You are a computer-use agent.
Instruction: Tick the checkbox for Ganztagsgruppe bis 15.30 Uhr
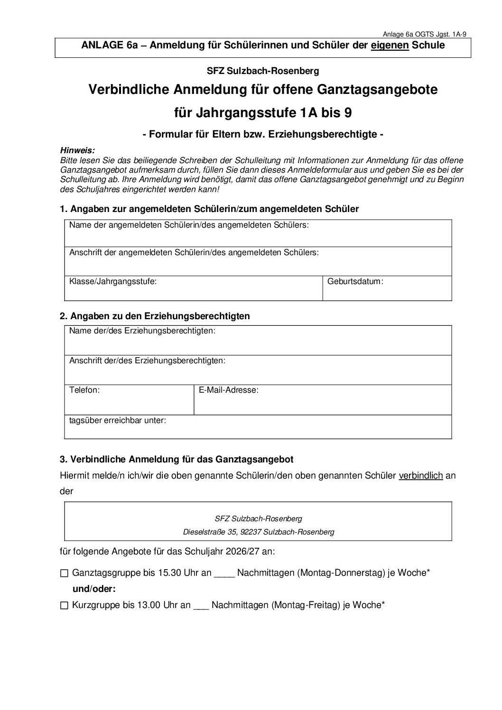tap(64, 573)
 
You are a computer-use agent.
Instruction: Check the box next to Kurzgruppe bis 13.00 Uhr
tap(64, 606)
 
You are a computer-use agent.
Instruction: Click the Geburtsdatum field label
tap(355, 281)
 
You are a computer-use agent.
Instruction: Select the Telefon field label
tap(84, 390)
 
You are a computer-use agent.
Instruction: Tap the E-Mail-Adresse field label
tap(228, 390)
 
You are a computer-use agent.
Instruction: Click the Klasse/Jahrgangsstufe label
tap(113, 281)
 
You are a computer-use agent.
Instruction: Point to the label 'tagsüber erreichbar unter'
tap(118, 420)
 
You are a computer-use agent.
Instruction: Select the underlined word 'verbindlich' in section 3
tap(421, 475)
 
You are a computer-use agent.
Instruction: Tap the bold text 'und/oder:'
tap(94, 589)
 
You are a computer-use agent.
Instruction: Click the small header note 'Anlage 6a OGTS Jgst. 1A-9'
tap(428, 34)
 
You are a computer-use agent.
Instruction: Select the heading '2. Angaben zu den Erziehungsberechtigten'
tap(155, 316)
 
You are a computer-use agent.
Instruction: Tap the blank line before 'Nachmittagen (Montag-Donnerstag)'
tap(224, 573)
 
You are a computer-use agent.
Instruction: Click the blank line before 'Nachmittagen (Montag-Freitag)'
tap(201, 606)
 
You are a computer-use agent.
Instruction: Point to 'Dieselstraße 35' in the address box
tap(210, 532)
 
